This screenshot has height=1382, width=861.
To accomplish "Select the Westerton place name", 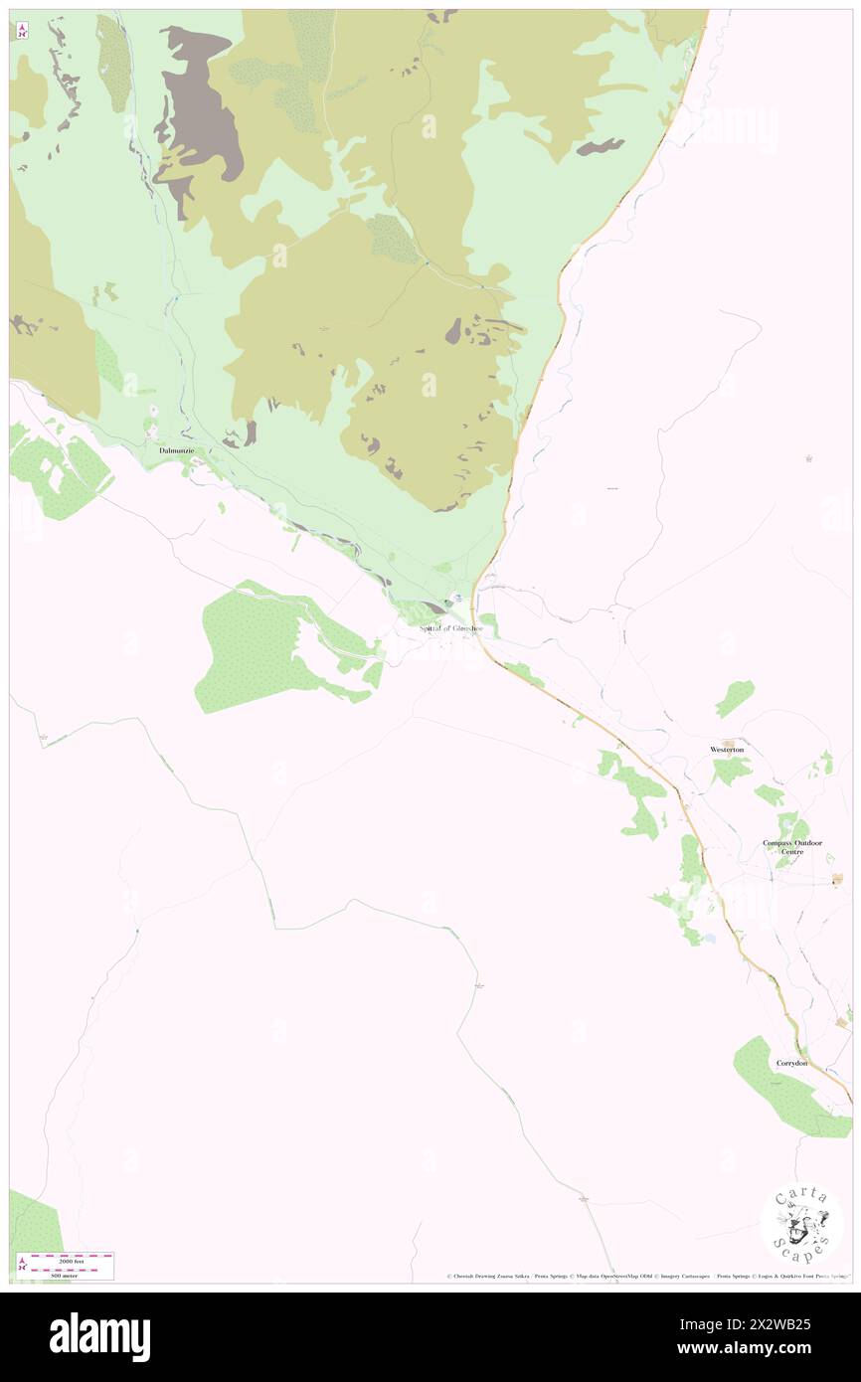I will [x=727, y=749].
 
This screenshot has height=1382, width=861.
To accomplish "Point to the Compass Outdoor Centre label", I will [x=792, y=847].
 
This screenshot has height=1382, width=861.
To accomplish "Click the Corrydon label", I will [x=792, y=1063].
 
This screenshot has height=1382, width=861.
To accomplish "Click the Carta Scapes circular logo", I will [x=801, y=1224].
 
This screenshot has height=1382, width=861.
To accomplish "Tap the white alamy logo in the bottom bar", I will [x=99, y=1337].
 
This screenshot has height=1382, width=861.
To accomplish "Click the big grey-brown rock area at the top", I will [x=204, y=99].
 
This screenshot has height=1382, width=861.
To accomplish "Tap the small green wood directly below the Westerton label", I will [x=731, y=770].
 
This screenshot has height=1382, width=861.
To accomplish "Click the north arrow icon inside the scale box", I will [x=20, y=1265].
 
